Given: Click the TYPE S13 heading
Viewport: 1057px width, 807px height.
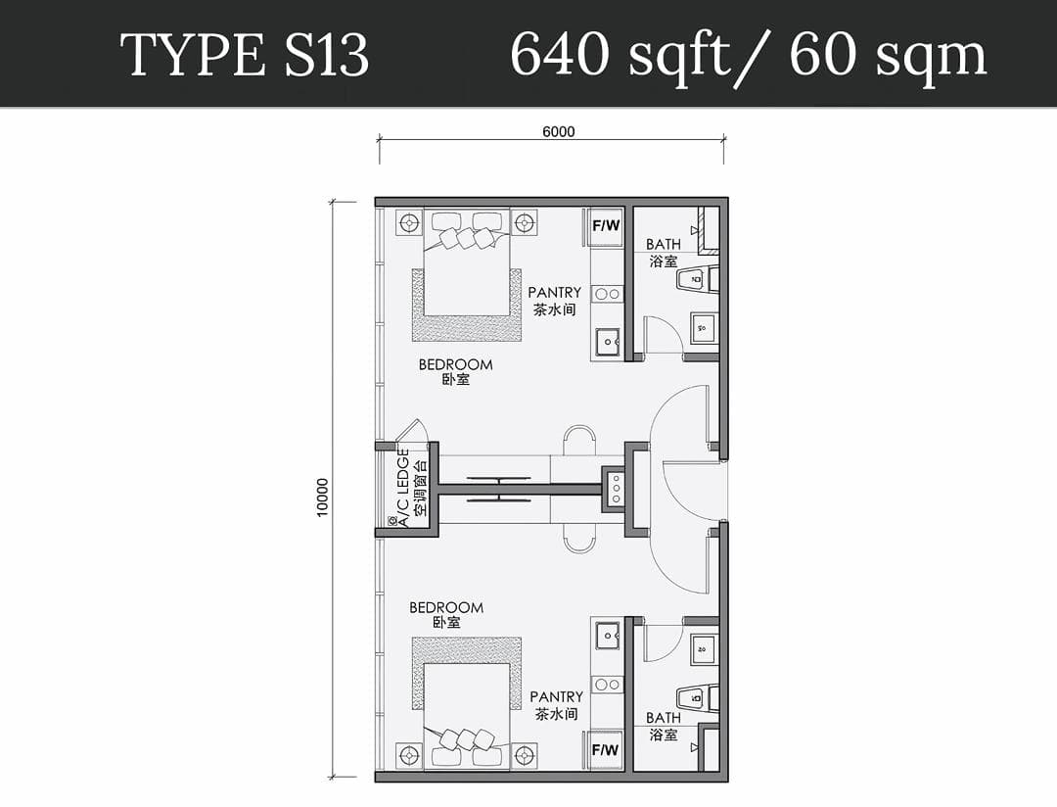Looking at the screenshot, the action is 244,55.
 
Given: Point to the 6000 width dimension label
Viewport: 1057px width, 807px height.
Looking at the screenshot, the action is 559,131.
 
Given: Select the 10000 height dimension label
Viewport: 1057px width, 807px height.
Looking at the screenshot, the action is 322,498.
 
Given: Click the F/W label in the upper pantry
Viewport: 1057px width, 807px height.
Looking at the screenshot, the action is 606,225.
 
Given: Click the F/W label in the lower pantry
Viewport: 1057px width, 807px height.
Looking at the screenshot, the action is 606,749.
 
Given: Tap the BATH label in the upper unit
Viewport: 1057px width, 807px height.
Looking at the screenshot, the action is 664,244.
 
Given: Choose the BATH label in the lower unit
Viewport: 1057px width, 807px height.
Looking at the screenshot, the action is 664,718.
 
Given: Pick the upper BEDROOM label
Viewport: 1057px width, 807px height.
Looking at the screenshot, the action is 456,364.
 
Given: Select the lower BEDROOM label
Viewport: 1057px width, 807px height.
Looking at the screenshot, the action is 446,607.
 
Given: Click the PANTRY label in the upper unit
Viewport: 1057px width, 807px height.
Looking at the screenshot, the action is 554,292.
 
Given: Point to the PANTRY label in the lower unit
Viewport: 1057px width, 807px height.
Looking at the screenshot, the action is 556,696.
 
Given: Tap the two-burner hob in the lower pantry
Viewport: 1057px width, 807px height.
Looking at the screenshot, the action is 608,685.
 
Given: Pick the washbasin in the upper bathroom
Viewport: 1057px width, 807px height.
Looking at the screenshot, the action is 703,329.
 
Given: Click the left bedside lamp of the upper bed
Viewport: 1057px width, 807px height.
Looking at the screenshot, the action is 408,222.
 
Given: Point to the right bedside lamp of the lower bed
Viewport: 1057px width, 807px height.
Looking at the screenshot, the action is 525,755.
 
